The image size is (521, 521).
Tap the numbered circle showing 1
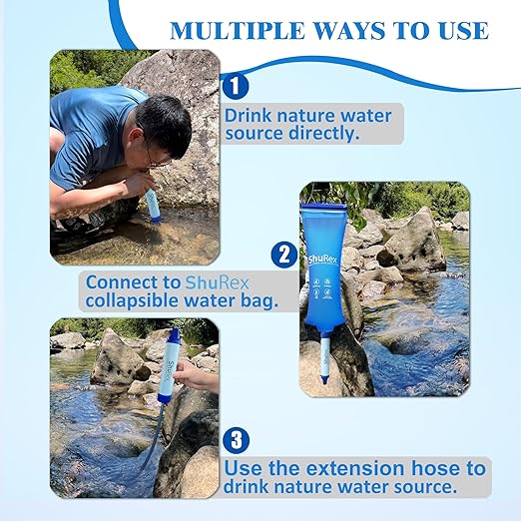(235, 85)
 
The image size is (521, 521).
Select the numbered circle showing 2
(284, 256)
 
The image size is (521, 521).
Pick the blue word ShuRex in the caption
(216, 282)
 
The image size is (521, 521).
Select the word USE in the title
(456, 30)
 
